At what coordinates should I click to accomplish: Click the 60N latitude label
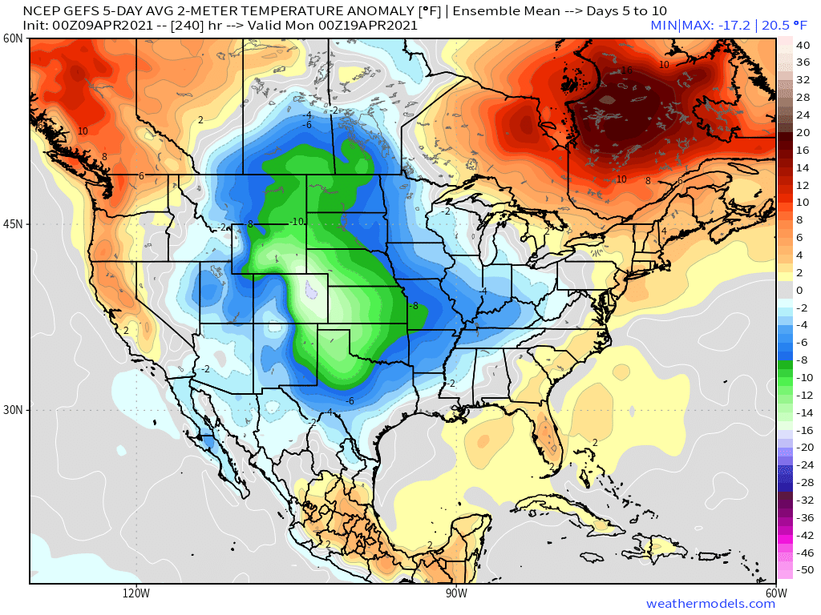12,38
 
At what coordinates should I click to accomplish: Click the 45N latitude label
12,224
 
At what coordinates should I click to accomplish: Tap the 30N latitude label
12,410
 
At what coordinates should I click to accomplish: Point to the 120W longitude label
136,593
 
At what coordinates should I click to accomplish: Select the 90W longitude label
456,593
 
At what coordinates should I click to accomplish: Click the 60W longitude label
776,593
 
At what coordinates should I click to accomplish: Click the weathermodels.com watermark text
710,604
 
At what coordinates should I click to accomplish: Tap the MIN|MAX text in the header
679,25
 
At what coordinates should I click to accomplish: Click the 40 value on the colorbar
803,46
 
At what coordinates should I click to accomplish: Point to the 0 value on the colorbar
799,291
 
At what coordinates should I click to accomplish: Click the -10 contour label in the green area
297,222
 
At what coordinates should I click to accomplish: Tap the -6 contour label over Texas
350,400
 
